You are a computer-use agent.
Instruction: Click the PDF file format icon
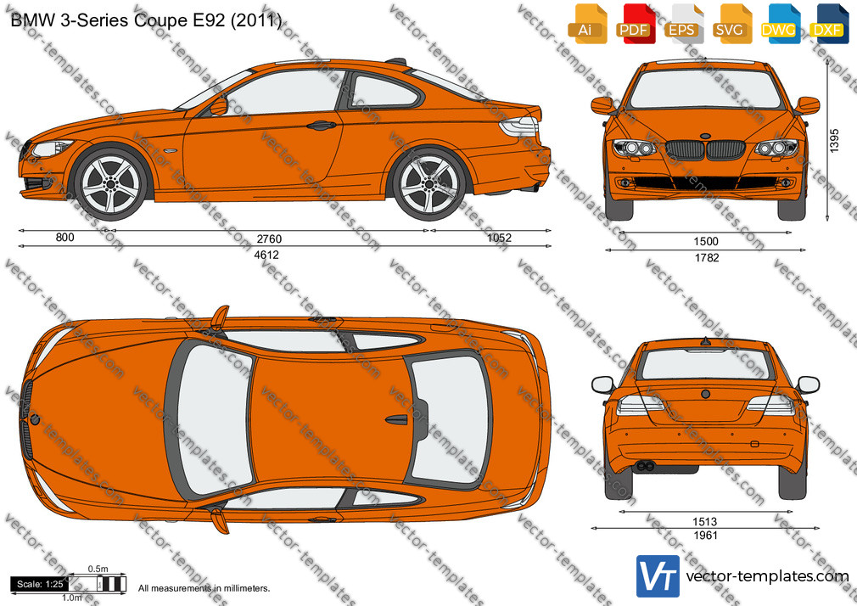point(634,24)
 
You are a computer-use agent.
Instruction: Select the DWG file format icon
point(778,24)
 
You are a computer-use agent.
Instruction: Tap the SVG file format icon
point(730,24)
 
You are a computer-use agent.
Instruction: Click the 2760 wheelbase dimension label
point(269,239)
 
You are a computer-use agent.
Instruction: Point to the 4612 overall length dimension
point(266,255)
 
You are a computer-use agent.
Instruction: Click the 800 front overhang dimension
point(65,238)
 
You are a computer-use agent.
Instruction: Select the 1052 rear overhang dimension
point(499,238)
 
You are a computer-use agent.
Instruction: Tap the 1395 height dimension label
point(834,141)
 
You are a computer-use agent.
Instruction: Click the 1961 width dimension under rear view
point(705,536)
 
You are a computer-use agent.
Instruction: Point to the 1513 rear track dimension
point(705,522)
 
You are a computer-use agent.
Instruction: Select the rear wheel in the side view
point(428,183)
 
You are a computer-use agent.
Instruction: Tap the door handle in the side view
point(321,126)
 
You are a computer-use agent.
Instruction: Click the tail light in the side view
point(518,126)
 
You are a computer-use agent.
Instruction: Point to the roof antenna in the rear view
point(706,341)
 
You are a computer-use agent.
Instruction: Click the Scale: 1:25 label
point(40,584)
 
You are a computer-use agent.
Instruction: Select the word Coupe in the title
point(162,20)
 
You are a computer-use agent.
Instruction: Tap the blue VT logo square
point(658,576)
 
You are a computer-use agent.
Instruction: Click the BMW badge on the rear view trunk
point(706,394)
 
